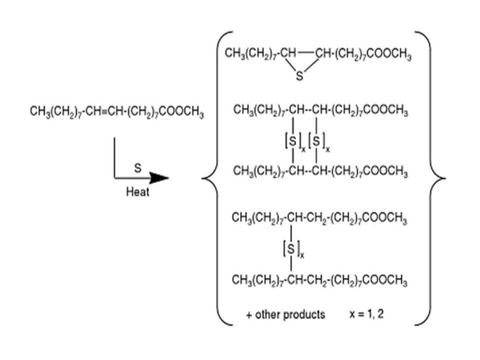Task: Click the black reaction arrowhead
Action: coord(159,177)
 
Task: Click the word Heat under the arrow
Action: coord(137,192)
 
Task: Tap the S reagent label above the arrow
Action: coord(137,168)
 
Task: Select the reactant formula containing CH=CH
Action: coord(116,110)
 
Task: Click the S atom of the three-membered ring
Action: coord(299,76)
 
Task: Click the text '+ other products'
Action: coord(285,314)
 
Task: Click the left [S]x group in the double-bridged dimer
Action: coord(292,141)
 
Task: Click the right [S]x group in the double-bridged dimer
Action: coord(317,141)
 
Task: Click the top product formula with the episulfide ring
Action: coord(318,53)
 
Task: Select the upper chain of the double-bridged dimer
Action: coord(320,110)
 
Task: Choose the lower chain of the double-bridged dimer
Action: coord(320,171)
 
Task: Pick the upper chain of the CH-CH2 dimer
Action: coord(319,218)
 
